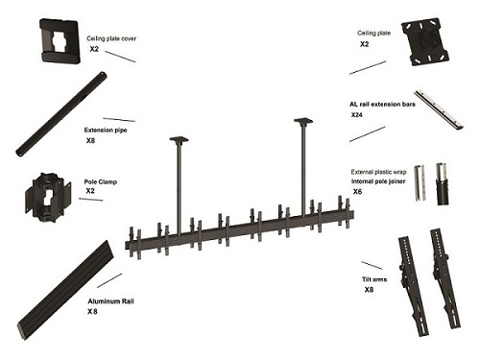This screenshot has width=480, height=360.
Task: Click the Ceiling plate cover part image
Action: click(x=60, y=40)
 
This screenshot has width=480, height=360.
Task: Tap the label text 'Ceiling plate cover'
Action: click(x=111, y=38)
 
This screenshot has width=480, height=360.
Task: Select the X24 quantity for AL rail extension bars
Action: click(x=357, y=115)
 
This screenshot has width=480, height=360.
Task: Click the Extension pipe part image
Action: click(x=61, y=113)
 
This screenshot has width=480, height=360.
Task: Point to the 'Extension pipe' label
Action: click(x=106, y=130)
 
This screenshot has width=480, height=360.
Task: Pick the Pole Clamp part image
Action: click(x=48, y=198)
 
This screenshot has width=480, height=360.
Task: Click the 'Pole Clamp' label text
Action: click(x=101, y=181)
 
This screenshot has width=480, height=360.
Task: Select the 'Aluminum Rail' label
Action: click(x=110, y=301)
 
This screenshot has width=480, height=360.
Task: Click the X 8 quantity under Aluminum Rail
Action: click(x=92, y=311)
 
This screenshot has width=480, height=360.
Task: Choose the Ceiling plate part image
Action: click(x=425, y=42)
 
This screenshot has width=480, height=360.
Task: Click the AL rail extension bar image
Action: click(x=439, y=110)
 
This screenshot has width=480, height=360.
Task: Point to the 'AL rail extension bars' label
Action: click(x=382, y=105)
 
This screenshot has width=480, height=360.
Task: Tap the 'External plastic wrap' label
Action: click(x=378, y=172)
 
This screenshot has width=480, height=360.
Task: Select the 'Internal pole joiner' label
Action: click(x=378, y=181)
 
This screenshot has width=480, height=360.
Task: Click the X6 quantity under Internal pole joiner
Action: click(x=357, y=192)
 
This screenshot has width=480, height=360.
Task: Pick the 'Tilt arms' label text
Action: click(x=374, y=279)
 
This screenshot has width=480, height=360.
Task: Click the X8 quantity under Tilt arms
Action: click(x=369, y=290)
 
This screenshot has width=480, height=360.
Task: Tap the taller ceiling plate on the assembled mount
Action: click(x=303, y=121)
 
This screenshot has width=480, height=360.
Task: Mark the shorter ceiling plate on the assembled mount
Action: click(x=179, y=139)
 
